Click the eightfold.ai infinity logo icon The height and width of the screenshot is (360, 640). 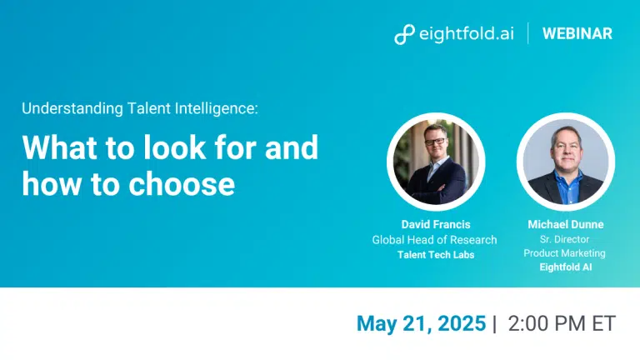(404, 34)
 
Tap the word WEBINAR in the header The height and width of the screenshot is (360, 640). (577, 33)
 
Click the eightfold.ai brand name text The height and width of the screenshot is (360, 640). (467, 33)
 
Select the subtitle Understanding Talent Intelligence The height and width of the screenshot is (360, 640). (140, 108)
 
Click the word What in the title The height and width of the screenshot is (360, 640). (60, 147)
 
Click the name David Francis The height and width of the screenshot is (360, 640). (436, 224)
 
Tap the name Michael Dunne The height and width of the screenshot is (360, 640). (566, 224)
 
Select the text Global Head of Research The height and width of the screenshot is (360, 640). (434, 240)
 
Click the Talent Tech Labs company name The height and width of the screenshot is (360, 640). (436, 255)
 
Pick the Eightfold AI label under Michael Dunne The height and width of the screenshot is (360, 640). (566, 267)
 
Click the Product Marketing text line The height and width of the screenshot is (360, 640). (564, 253)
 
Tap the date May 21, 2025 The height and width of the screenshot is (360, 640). (421, 323)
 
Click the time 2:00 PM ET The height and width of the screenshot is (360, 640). (562, 323)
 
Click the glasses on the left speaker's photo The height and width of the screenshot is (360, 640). (435, 142)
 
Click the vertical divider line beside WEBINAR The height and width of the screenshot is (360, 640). (528, 33)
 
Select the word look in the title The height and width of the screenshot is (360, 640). (175, 147)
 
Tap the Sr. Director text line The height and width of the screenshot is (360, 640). (564, 239)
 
